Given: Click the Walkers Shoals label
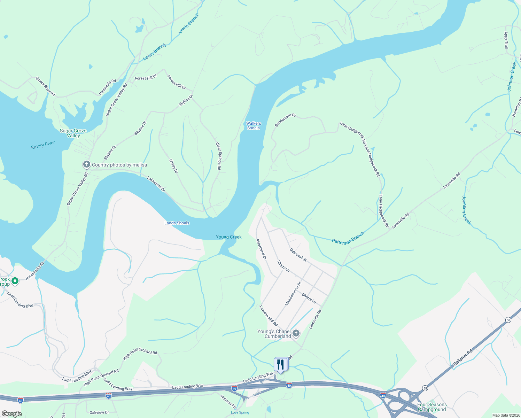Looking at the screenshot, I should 254,125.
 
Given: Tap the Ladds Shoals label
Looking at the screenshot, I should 177,223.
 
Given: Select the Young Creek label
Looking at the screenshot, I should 228,237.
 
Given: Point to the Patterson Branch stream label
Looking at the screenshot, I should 348,238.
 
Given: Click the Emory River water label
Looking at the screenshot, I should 43,145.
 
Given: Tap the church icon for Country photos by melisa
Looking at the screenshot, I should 86,164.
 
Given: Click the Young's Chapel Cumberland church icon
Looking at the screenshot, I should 296,334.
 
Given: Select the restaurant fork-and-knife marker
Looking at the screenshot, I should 280,364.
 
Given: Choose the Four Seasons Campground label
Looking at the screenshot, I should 432,407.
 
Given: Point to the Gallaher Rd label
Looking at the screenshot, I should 463,357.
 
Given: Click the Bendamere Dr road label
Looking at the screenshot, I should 285,120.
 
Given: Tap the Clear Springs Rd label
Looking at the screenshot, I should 218,156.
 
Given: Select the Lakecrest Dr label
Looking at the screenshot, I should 156,184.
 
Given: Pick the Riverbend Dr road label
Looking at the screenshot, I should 261,249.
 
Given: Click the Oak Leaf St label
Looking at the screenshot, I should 298,255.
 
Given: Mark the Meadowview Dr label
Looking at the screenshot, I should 293,294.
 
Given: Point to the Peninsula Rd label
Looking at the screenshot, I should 107,87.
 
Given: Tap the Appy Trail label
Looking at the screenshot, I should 506,40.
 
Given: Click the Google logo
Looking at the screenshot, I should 11,413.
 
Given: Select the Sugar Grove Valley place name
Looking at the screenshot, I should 73,133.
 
